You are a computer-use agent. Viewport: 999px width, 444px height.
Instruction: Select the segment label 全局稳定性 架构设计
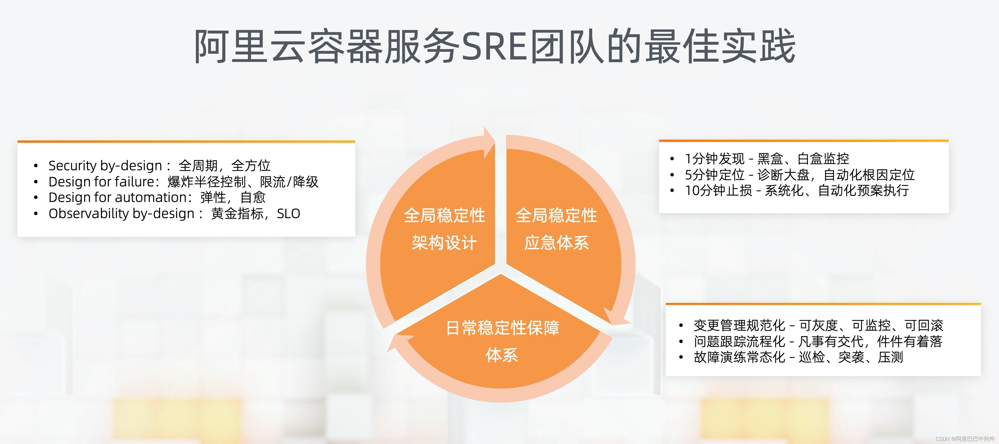(x=444, y=229)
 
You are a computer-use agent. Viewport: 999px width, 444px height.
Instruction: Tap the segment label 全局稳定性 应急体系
(x=556, y=229)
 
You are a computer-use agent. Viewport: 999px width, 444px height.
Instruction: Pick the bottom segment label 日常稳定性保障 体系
(x=502, y=341)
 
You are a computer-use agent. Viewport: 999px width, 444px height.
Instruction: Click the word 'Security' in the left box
(x=72, y=166)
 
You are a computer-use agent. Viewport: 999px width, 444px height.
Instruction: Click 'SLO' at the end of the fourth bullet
(x=288, y=213)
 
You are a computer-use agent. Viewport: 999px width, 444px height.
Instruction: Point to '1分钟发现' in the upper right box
(x=714, y=159)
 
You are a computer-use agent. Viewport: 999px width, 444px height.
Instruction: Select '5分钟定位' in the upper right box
(x=714, y=175)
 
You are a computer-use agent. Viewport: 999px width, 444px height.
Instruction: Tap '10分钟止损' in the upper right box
(x=718, y=191)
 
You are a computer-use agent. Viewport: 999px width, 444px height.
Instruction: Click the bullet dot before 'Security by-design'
(x=36, y=166)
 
